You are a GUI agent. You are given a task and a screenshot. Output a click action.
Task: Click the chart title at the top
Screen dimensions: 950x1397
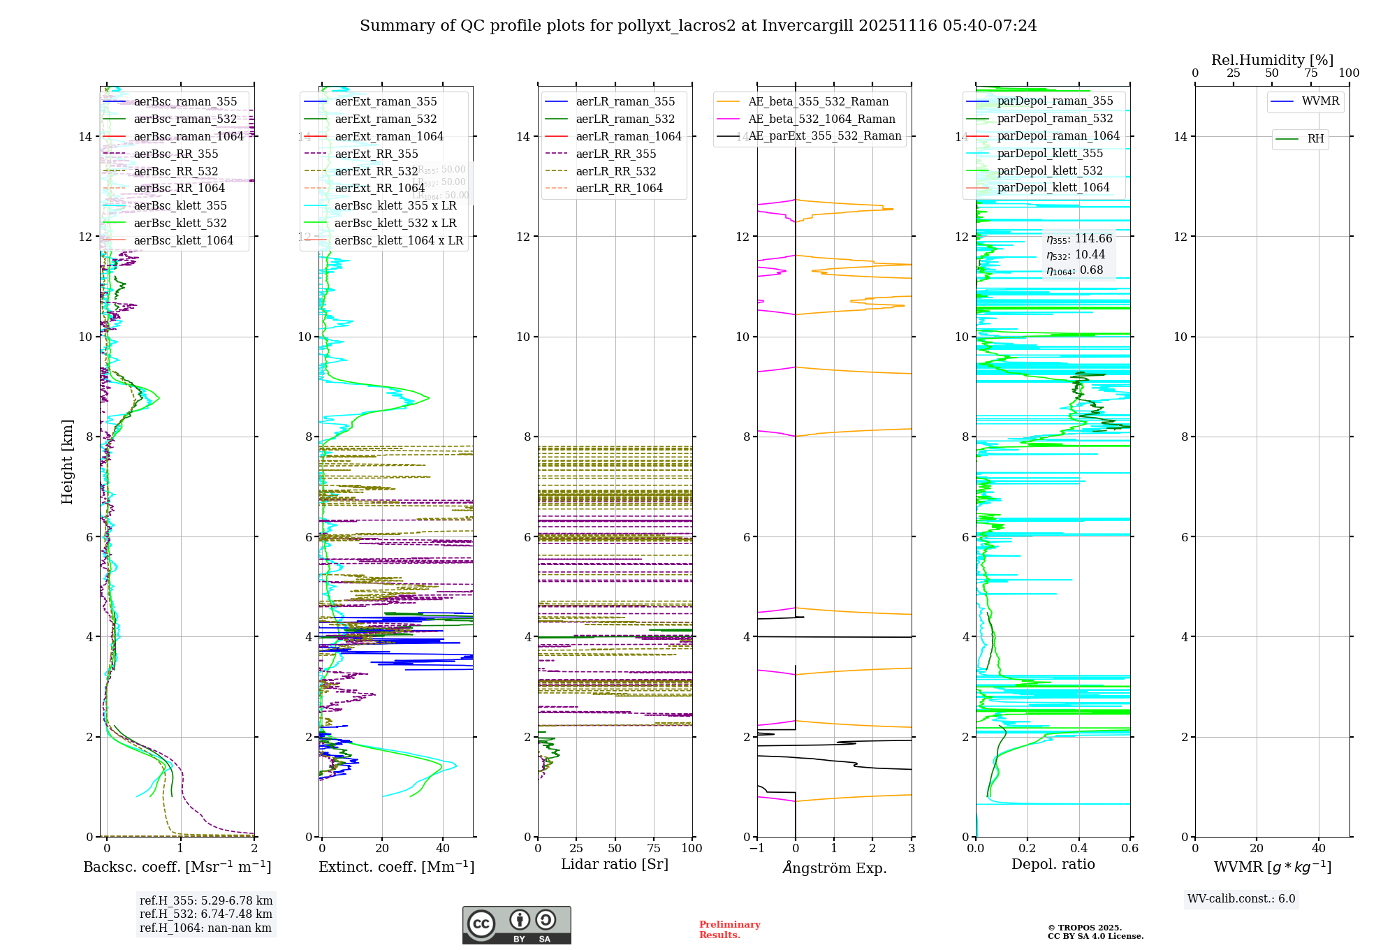pos(698,26)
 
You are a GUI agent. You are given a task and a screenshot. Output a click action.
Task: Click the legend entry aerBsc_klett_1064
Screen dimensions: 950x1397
pos(183,240)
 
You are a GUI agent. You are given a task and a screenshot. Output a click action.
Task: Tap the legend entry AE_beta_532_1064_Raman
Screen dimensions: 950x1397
pos(821,119)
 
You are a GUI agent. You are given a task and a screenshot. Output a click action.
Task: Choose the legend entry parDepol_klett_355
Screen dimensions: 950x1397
pos(1050,153)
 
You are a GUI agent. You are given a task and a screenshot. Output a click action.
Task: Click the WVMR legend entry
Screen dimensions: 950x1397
pos(1320,101)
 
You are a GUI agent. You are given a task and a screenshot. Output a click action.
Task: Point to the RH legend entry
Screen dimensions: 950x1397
pos(1315,139)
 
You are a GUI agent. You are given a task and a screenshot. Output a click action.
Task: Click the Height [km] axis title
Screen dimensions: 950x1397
pos(67,461)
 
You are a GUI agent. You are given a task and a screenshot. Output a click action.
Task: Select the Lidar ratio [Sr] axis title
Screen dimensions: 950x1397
pos(615,864)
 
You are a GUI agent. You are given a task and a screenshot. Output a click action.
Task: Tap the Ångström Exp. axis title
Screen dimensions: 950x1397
pos(834,868)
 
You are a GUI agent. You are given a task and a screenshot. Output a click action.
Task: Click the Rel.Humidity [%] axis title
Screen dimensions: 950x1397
pos(1272,60)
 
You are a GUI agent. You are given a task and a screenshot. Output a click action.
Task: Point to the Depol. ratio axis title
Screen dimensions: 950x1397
pos(1053,864)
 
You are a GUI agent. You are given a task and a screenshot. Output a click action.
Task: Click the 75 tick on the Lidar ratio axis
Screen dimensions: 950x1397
pos(654,848)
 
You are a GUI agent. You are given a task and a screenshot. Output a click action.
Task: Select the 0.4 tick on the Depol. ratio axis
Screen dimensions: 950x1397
pos(1078,848)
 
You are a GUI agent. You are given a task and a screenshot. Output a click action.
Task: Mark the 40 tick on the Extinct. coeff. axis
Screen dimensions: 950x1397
pos(443,848)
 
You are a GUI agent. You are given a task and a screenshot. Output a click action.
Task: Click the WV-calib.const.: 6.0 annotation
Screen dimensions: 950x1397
pos(1241,899)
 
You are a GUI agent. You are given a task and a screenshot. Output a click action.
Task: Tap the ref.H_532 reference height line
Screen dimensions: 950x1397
pos(206,914)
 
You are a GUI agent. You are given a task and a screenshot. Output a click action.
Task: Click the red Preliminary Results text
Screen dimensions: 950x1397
pos(729,929)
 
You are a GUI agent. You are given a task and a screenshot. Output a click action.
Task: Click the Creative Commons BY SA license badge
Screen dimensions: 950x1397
pos(516,925)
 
